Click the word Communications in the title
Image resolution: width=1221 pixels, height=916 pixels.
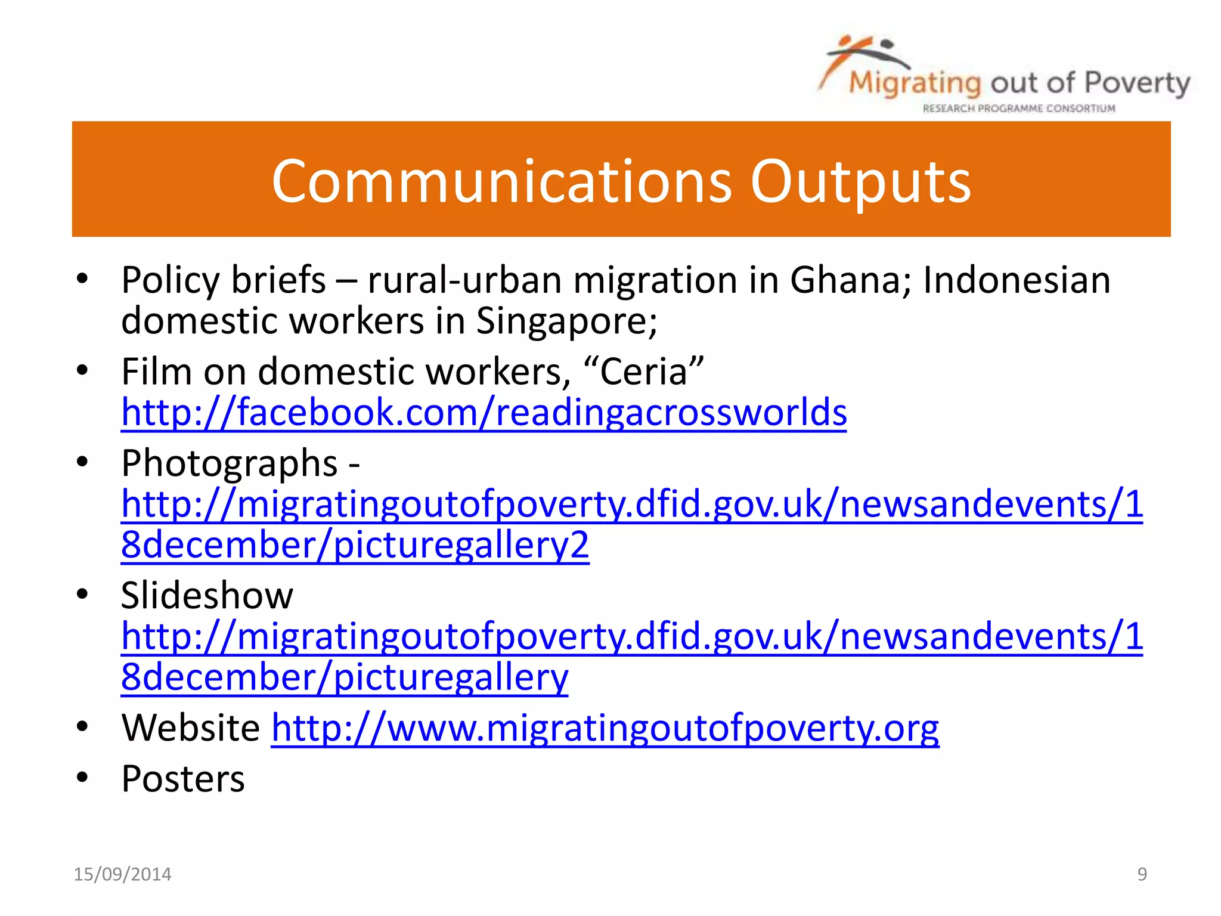(x=501, y=181)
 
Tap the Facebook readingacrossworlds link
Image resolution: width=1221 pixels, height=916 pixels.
(x=484, y=413)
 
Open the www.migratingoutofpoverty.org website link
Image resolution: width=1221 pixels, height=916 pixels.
(x=605, y=728)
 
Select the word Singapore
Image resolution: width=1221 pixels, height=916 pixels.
(x=566, y=321)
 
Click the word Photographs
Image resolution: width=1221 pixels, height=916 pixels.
(x=230, y=463)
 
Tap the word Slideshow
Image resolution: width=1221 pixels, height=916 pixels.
(x=207, y=595)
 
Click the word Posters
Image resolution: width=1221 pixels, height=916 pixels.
(x=183, y=779)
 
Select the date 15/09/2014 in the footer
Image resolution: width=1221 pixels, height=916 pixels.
(x=122, y=874)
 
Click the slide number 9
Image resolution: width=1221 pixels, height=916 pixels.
(x=1142, y=874)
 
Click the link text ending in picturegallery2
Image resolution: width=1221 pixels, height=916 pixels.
(x=355, y=545)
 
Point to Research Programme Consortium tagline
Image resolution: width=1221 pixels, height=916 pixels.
(x=1019, y=109)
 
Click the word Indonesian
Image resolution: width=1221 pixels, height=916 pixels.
(x=1017, y=280)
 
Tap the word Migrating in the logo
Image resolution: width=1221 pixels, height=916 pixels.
(x=915, y=83)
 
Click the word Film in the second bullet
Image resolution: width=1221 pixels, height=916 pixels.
(x=156, y=372)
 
